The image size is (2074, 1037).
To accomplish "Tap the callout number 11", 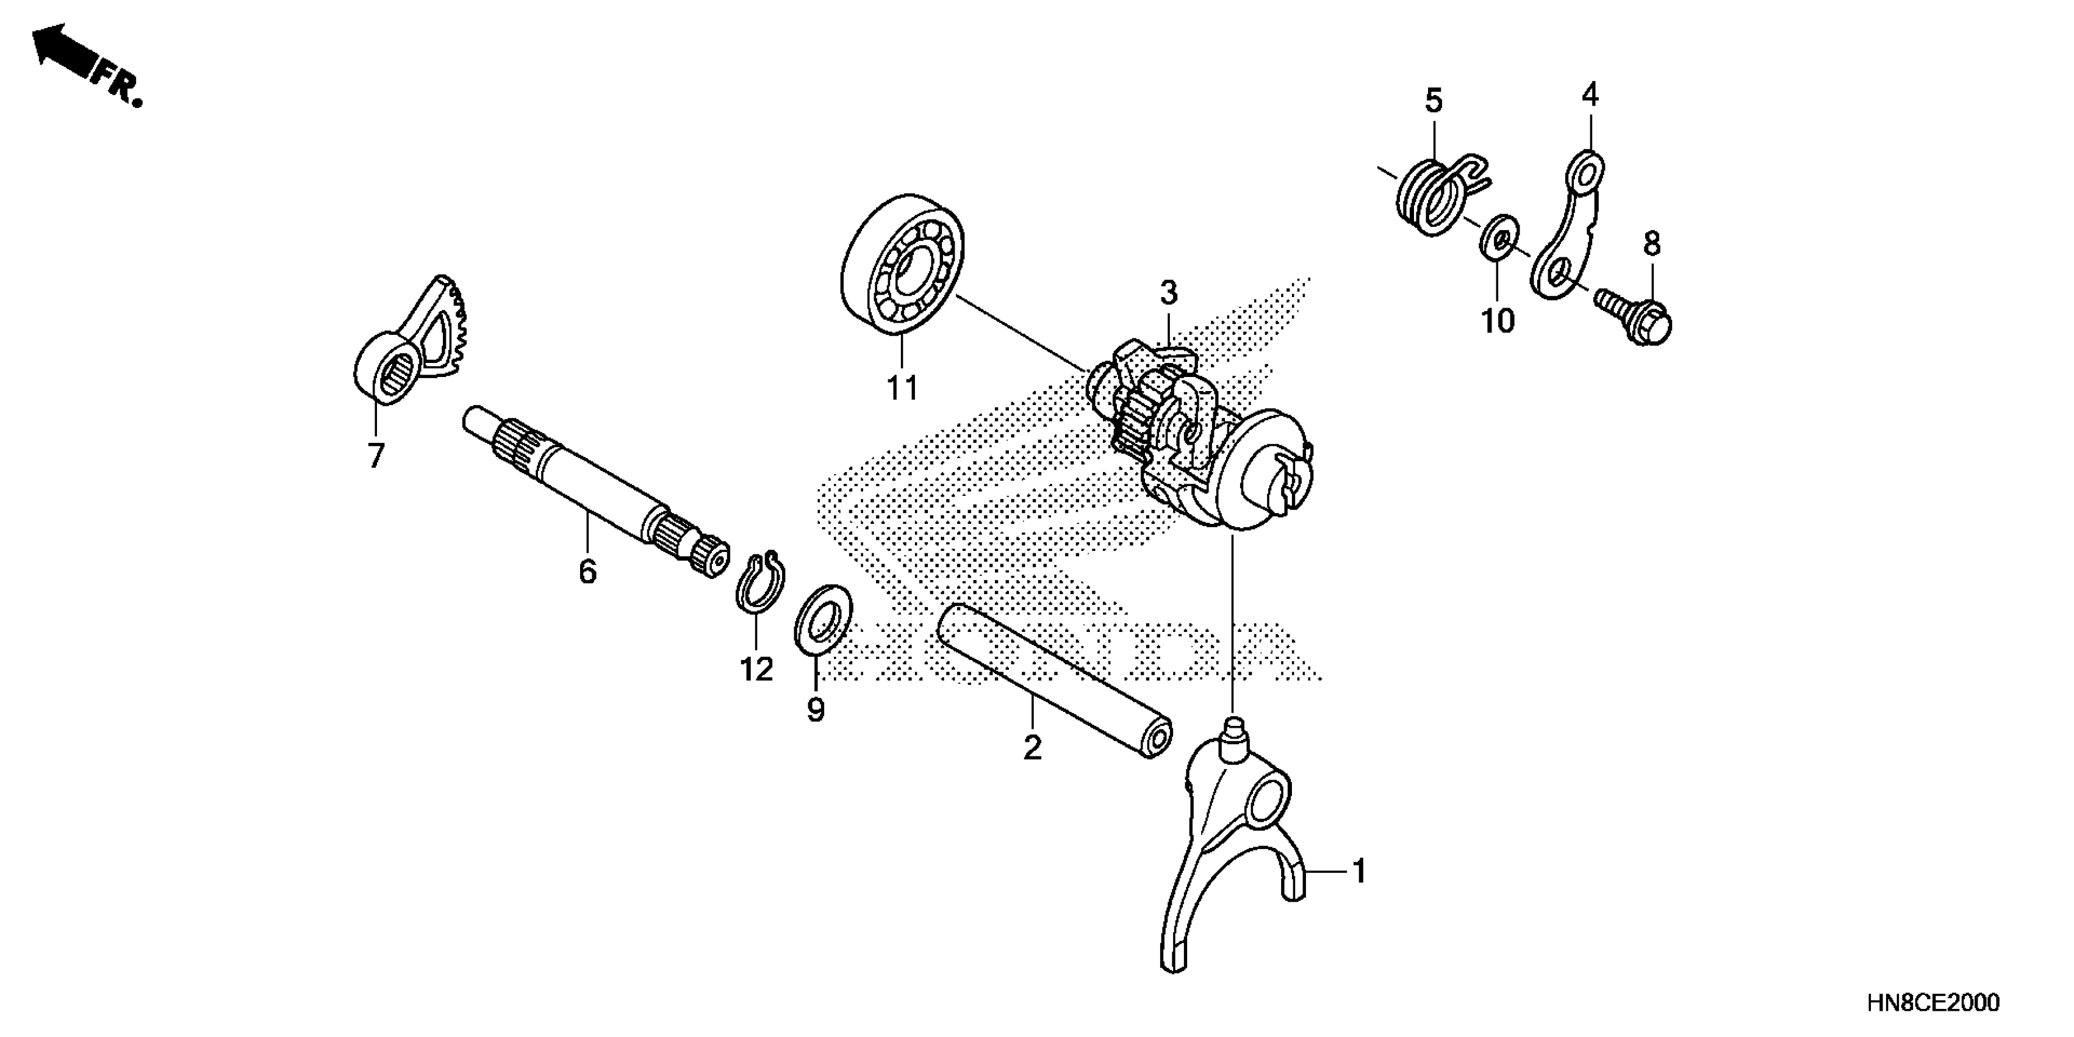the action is pos(902,389).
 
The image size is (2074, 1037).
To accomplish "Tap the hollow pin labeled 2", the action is pos(1055,691).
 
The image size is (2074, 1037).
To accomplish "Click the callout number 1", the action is pos(1359,871).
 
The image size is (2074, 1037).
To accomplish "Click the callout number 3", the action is pos(1168,293).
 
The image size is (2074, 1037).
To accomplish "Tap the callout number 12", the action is pos(757,669).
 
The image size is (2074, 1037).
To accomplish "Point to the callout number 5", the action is pos(1434,101).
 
